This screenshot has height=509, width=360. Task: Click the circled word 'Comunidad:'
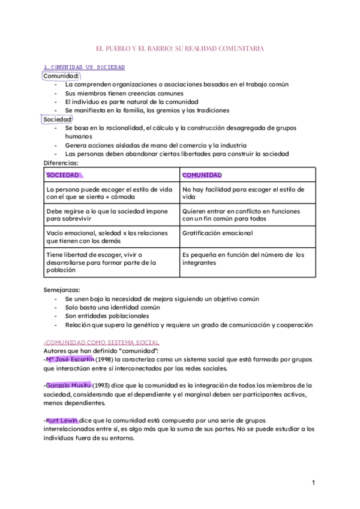pos(62,76)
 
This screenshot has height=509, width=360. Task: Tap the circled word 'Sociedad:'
pos(58,119)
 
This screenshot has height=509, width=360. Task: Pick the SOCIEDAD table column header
pos(63,175)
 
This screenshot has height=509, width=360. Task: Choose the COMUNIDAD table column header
pos(202,175)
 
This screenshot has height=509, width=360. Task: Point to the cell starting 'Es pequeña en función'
pos(243,258)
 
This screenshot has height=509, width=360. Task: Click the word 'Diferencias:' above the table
pos(61,163)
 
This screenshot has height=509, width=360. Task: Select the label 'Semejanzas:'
pos(62,289)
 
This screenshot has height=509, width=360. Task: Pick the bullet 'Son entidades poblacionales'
pos(107,316)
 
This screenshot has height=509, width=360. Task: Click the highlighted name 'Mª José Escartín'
pos(69,359)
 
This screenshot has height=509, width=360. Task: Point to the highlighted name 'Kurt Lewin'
pos(62,420)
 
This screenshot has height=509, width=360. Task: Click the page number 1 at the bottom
pos(314,483)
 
